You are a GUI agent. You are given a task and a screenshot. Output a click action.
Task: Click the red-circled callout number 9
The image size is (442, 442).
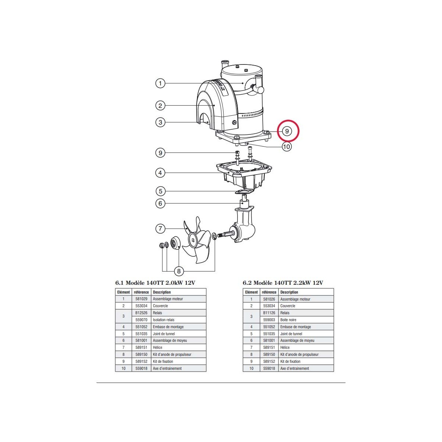(x=287, y=131)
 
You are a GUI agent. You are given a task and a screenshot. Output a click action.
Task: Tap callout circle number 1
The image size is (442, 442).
(x=160, y=83)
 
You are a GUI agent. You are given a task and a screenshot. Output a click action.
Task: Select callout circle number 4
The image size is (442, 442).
(x=160, y=172)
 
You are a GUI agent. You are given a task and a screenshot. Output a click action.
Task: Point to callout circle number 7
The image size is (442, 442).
(x=160, y=229)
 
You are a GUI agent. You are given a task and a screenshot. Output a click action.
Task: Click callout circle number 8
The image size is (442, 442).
(x=179, y=271)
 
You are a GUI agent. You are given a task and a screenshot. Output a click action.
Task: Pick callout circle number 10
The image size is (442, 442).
(x=287, y=147)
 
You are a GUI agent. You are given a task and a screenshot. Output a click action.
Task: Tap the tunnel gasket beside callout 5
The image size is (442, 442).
(x=243, y=192)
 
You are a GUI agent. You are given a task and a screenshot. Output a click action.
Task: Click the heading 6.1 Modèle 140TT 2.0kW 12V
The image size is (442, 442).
(x=155, y=283)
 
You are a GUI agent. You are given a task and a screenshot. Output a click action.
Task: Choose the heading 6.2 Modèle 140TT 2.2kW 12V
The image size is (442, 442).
(x=283, y=283)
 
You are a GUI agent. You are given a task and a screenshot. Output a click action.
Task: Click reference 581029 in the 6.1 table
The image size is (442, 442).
(x=141, y=299)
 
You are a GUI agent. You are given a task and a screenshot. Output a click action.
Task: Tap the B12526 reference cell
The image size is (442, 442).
(x=141, y=313)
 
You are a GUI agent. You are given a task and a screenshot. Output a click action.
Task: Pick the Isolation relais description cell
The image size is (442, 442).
(x=164, y=320)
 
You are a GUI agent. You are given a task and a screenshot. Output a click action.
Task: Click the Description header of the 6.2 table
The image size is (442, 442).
(x=289, y=292)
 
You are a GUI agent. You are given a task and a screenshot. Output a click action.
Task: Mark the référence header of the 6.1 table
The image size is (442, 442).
(x=141, y=292)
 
